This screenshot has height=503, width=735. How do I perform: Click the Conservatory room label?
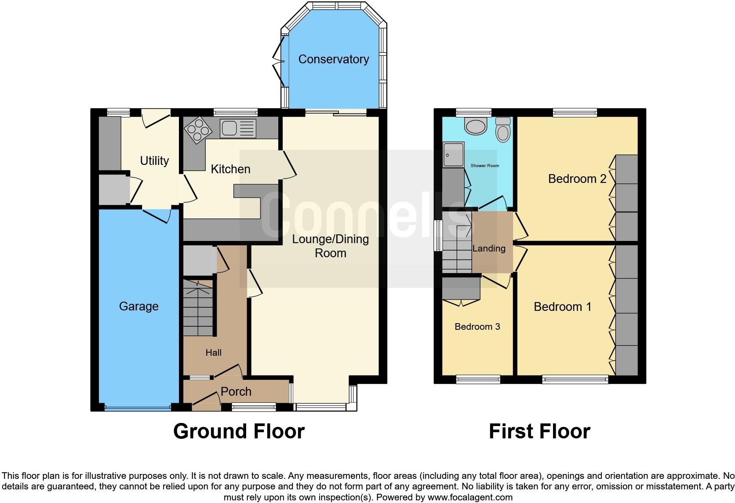[x=333, y=59]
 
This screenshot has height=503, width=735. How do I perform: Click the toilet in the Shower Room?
[x=502, y=129]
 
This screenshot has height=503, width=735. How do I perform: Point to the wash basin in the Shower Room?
[x=475, y=126]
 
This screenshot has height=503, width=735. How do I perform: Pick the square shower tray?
[x=454, y=155]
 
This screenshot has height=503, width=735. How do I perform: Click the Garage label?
[x=138, y=306]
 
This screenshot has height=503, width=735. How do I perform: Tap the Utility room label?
[x=154, y=161]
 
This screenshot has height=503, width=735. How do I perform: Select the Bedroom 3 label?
[x=477, y=327]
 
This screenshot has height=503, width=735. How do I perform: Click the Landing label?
[x=489, y=248]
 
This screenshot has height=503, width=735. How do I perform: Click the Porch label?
[x=236, y=391]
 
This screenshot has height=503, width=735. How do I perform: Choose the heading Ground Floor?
[x=239, y=431]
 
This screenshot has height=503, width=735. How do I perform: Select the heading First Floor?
[x=539, y=431]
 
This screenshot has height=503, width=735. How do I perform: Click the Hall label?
[x=214, y=353]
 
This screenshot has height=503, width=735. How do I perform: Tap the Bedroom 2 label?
[x=577, y=179]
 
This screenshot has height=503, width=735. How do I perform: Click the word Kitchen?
[x=230, y=169]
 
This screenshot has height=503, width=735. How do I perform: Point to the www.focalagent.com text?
[x=470, y=498]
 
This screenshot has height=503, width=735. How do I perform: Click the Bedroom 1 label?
[x=563, y=307]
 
